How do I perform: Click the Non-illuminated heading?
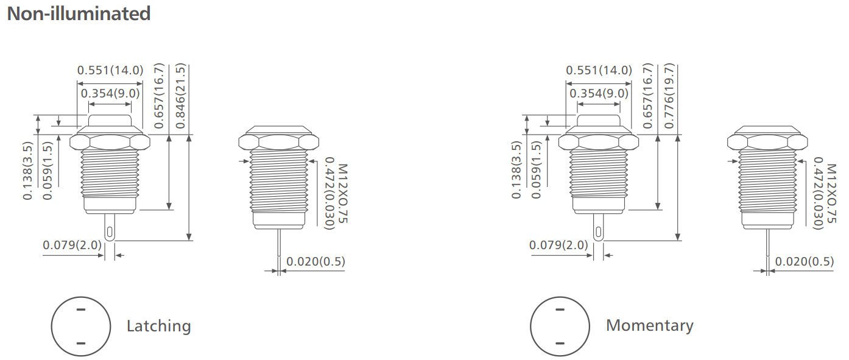pyautogui.click(x=79, y=13)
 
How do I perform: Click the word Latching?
pyautogui.click(x=158, y=326)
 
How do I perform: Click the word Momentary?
pyautogui.click(x=649, y=326)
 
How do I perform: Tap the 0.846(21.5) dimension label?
pyautogui.click(x=180, y=96)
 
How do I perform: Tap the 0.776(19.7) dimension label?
pyautogui.click(x=669, y=96)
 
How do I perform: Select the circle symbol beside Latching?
pyautogui.click(x=81, y=325)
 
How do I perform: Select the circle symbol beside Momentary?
pyautogui.click(x=560, y=325)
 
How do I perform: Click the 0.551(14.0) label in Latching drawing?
pyautogui.click(x=110, y=71)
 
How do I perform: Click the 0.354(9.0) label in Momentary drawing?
pyautogui.click(x=599, y=93)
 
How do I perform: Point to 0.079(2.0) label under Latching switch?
pyautogui.click(x=72, y=245)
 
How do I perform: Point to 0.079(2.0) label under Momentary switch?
pyautogui.click(x=558, y=245)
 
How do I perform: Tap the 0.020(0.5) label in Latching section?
pyautogui.click(x=315, y=261)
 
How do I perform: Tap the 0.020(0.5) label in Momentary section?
pyautogui.click(x=804, y=261)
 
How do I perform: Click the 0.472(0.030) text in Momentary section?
pyautogui.click(x=817, y=193)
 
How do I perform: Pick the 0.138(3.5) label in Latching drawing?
pyautogui.click(x=28, y=171)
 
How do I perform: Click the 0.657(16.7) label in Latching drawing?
pyautogui.click(x=160, y=96)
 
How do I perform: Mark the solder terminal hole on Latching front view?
pyautogui.click(x=109, y=232)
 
